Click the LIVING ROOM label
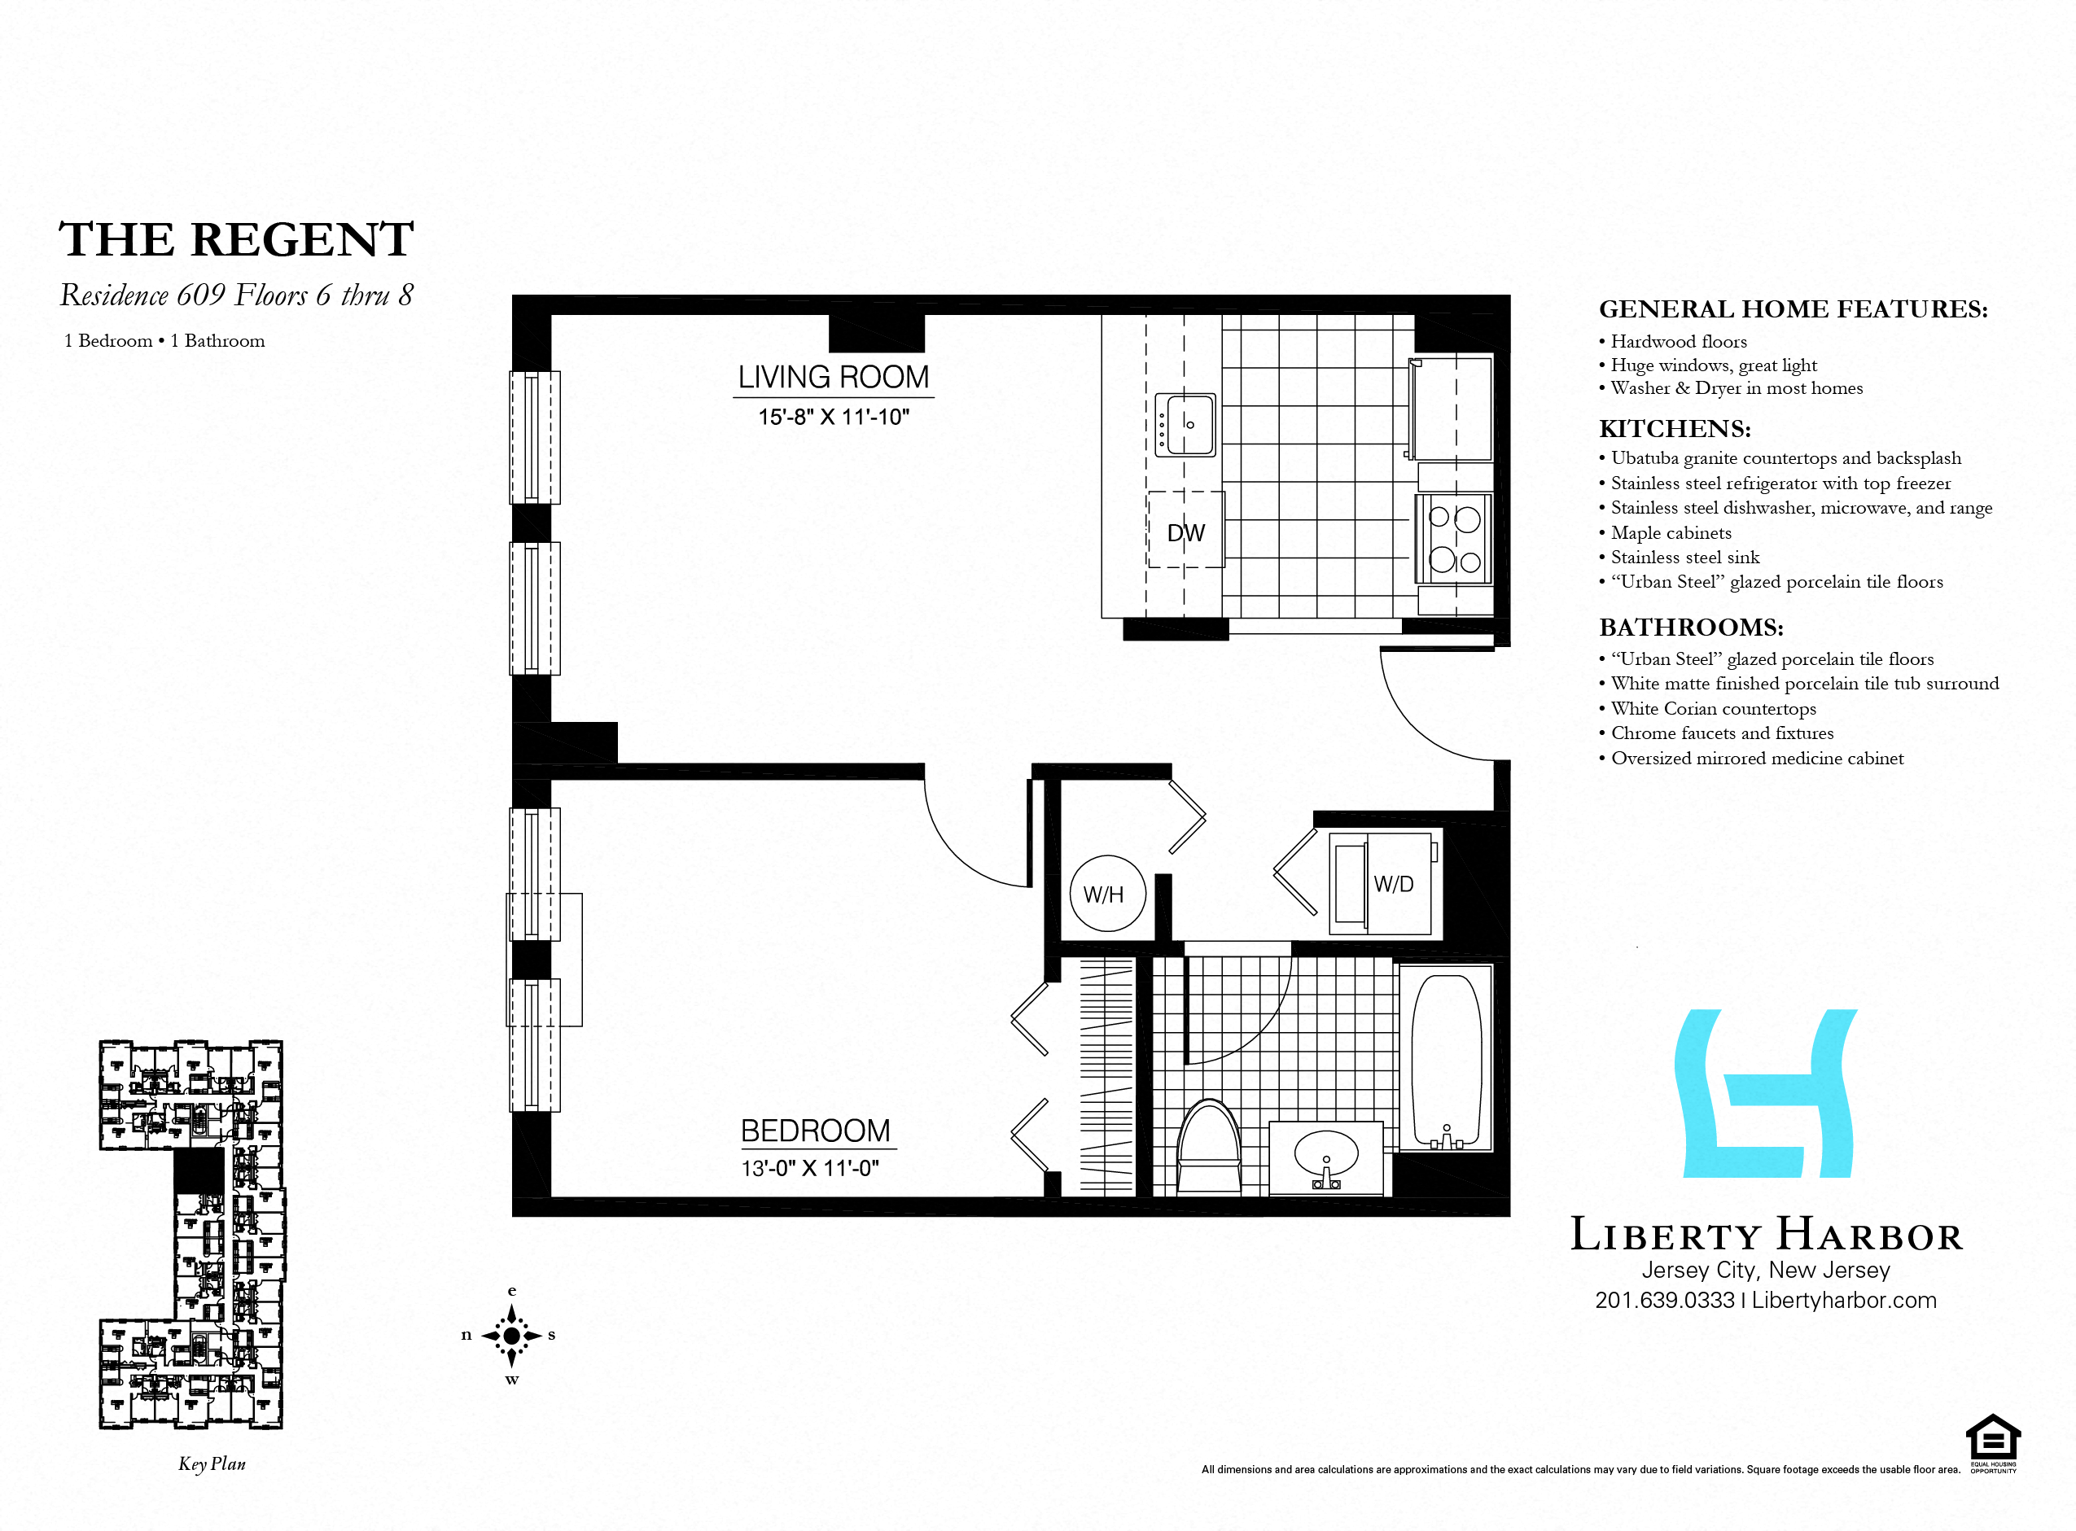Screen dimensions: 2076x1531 (x=833, y=377)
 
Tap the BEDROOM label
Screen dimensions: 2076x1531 (x=816, y=1131)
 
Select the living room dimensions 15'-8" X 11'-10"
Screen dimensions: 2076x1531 (x=833, y=417)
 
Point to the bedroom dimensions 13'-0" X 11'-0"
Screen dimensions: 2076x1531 (x=810, y=1168)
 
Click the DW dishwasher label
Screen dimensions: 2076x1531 (x=1185, y=533)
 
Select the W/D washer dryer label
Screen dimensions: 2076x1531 (x=1394, y=884)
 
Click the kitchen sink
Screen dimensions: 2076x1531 (x=1185, y=424)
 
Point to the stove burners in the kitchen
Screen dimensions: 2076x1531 (x=1454, y=539)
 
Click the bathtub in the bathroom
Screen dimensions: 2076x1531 (x=1446, y=1059)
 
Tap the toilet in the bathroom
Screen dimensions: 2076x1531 (x=1208, y=1146)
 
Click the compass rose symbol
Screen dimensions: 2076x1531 (x=511, y=1336)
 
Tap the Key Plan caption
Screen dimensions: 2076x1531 (x=212, y=1464)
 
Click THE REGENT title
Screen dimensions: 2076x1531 (x=236, y=239)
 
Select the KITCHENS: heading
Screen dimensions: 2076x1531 (x=1675, y=429)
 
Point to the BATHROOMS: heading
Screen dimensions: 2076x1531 (x=1692, y=628)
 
